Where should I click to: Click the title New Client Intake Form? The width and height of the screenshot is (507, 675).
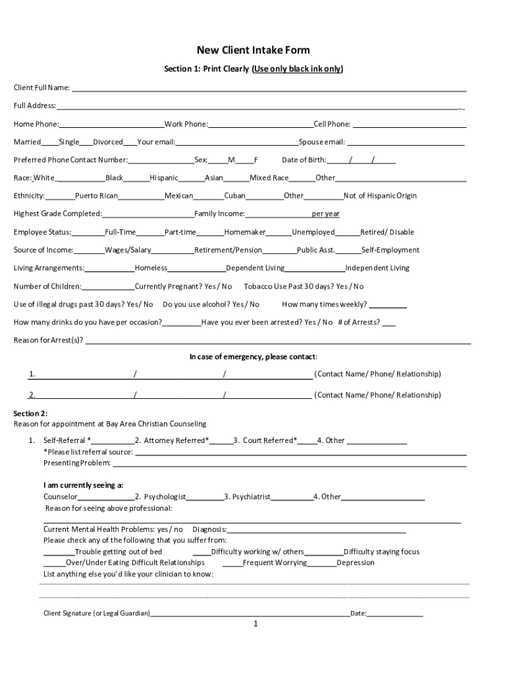254,50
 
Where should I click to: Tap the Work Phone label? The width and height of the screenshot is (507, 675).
186,124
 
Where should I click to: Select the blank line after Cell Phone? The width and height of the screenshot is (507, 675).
408,125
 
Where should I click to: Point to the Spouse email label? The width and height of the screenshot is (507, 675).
321,142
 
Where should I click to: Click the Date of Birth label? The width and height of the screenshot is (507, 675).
304,160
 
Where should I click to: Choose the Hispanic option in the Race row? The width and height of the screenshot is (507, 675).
164,178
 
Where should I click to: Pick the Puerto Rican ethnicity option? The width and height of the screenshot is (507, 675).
96,196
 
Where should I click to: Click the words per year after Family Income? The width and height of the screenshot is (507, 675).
325,214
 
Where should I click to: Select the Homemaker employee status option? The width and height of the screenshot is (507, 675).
245,232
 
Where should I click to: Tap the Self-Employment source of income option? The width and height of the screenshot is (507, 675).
390,250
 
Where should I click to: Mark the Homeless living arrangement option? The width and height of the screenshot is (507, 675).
151,268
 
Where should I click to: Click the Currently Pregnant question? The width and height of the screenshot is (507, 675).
183,286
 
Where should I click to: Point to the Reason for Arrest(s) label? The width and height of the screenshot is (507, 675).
48,340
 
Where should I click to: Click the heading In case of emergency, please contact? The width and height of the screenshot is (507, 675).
254,357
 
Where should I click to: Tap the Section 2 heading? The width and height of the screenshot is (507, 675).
30,413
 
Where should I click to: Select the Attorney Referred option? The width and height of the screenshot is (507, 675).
176,440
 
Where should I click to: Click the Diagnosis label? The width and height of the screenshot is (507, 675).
209,529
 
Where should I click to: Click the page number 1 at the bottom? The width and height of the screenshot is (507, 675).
255,624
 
